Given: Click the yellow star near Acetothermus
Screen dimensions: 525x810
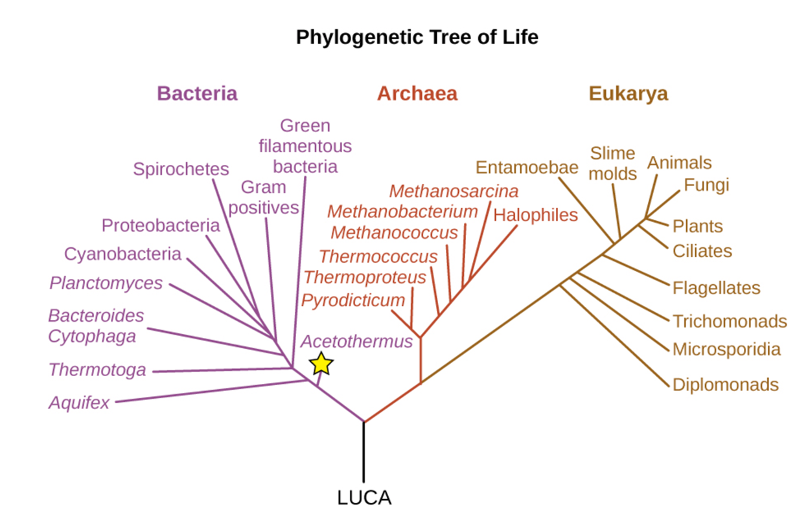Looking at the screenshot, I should click(x=321, y=364).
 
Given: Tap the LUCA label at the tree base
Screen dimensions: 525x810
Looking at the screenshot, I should click(x=364, y=498).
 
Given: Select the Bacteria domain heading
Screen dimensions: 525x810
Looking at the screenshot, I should click(x=197, y=93).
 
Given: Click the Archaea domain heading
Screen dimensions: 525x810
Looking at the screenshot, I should click(x=417, y=93).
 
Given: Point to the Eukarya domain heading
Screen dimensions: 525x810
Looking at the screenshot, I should click(x=628, y=93).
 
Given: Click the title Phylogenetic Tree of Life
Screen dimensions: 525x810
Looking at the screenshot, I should click(x=417, y=37).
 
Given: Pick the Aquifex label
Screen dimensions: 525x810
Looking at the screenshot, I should click(x=79, y=403).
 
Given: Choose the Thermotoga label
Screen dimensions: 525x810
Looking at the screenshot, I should click(x=97, y=370).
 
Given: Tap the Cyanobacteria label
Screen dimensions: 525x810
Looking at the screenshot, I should click(x=122, y=254).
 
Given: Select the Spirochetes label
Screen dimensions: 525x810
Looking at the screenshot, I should click(x=181, y=169).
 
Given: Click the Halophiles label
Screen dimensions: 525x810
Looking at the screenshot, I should click(x=535, y=215).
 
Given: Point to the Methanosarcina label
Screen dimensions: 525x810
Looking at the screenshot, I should click(x=454, y=191).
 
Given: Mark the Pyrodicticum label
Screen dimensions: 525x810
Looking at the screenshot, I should click(x=353, y=300).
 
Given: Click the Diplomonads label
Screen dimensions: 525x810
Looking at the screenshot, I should click(x=725, y=385).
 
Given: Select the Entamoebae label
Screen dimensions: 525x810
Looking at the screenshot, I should click(x=526, y=167).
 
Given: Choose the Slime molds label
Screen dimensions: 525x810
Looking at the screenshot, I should click(x=612, y=163).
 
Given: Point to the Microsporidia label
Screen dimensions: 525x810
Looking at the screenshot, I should click(x=726, y=350).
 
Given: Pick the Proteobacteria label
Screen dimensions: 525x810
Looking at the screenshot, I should click(x=161, y=225).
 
